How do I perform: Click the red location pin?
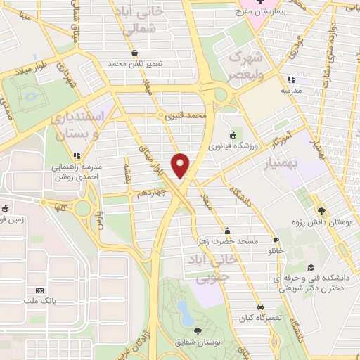pyautogui.click(x=181, y=165)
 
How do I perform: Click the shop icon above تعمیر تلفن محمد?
pyautogui.click(x=134, y=53)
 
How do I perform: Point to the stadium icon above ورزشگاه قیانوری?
pyautogui.click(x=233, y=135)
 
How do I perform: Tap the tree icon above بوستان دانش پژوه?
pyautogui.click(x=321, y=210)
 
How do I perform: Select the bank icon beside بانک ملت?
pyautogui.click(x=39, y=290)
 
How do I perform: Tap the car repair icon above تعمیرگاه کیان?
pyautogui.click(x=261, y=307)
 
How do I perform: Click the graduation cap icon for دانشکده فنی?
pyautogui.click(x=311, y=268)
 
